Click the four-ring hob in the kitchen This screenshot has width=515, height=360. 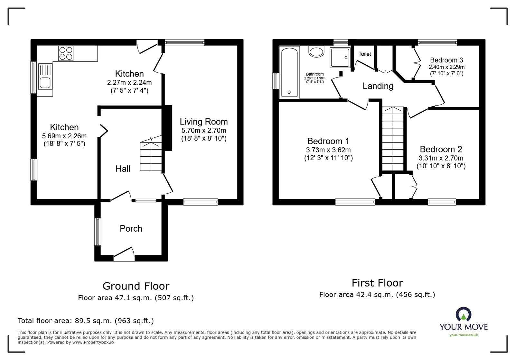(x=66, y=53)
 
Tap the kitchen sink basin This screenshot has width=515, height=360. (x=45, y=83)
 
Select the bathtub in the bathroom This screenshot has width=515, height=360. (x=289, y=72)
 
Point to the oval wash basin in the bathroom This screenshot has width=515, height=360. (x=316, y=52)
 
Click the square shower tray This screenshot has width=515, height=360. (x=340, y=58)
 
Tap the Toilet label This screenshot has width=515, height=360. (x=365, y=54)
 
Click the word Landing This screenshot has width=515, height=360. (x=378, y=86)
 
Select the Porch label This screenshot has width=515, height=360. (x=131, y=229)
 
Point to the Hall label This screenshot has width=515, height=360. (x=123, y=169)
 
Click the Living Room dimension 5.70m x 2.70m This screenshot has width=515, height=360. (x=204, y=131)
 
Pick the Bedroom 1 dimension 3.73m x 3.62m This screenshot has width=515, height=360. (x=328, y=150)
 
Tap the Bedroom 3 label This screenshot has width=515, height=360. (x=446, y=60)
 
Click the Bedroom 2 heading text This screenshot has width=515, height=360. (x=441, y=149)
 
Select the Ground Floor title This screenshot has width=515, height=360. (x=136, y=286)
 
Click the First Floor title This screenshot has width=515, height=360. (x=377, y=283)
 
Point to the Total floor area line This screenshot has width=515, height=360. (x=86, y=321)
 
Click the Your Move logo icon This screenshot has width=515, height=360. (x=464, y=314)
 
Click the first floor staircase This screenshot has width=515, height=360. (x=393, y=139)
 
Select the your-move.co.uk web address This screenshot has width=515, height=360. (x=464, y=335)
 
